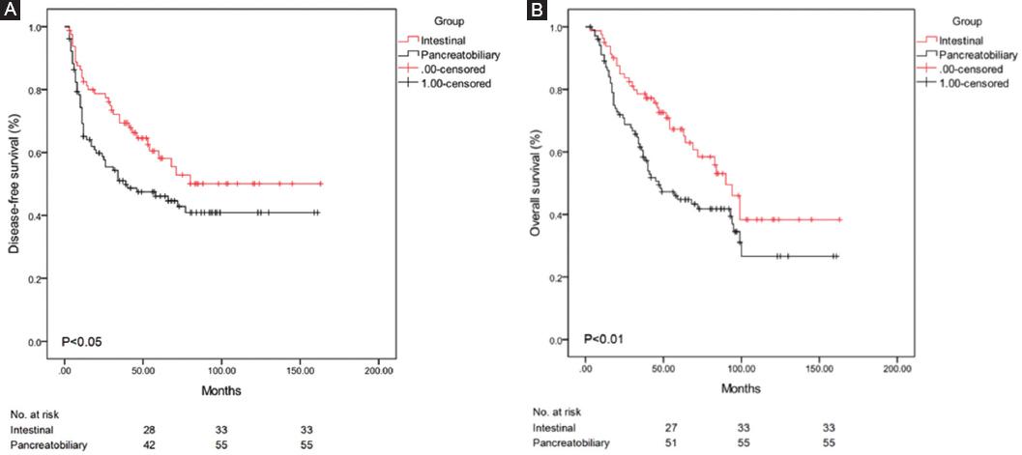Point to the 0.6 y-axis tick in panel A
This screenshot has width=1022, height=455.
39,153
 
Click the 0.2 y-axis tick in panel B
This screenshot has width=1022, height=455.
558,277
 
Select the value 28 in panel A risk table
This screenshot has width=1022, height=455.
148,427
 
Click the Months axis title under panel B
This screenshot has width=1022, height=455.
742,391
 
